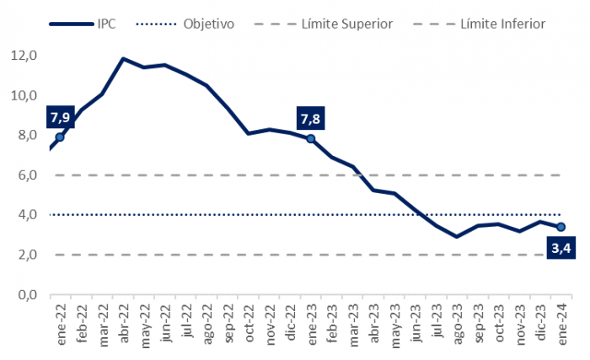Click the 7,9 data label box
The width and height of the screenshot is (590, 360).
click(x=59, y=116)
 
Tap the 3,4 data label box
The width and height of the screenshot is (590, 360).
click(x=560, y=248)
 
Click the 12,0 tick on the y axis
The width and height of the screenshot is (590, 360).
click(x=24, y=56)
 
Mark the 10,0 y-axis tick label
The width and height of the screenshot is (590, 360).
click(x=24, y=95)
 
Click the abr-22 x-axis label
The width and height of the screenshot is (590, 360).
click(x=124, y=322)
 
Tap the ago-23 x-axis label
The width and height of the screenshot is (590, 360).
click(x=457, y=322)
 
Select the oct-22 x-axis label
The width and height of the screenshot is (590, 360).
click(x=249, y=322)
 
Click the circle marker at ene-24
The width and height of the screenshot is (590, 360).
click(x=560, y=227)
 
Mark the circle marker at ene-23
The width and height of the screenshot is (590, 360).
click(x=311, y=139)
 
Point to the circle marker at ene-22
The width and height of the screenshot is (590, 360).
click(x=60, y=137)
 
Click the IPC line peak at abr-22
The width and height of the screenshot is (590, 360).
click(x=124, y=59)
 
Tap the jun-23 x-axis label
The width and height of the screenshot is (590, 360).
click(x=416, y=322)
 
